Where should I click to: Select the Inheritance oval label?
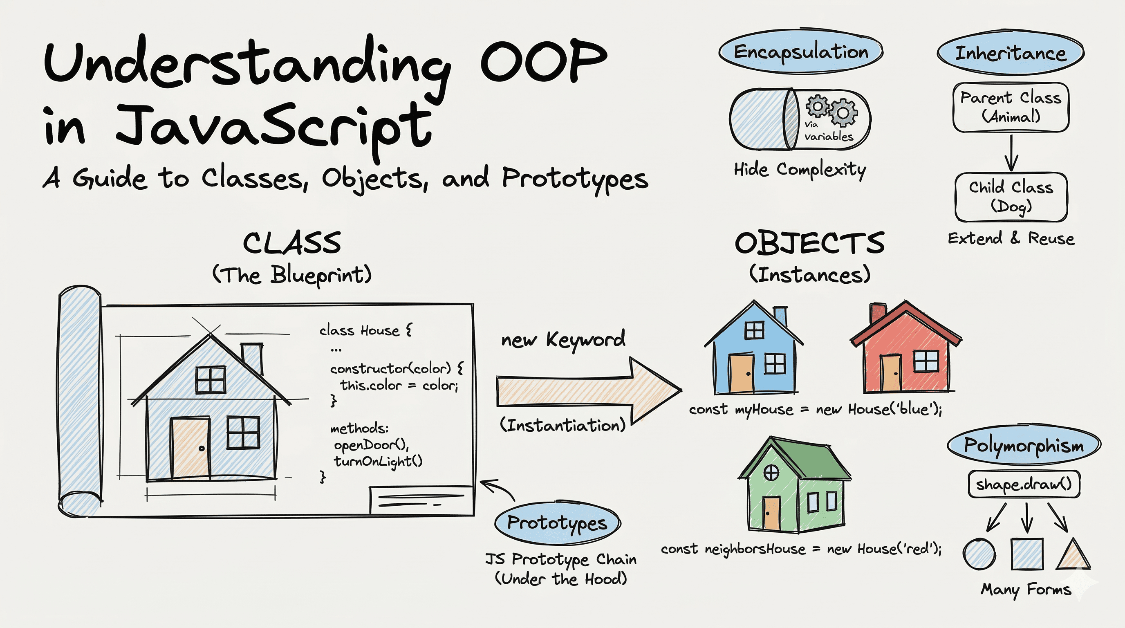click(x=1010, y=53)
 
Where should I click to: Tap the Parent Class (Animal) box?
click(x=1011, y=107)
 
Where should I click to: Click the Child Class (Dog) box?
click(x=1011, y=197)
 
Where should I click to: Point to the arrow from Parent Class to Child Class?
click(x=1011, y=153)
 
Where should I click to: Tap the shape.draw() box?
click(x=1024, y=484)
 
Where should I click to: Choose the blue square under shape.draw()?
click(x=1027, y=554)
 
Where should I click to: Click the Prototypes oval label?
click(x=557, y=523)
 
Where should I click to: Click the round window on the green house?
click(x=771, y=472)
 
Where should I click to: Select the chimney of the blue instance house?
click(x=780, y=316)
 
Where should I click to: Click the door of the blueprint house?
click(x=190, y=448)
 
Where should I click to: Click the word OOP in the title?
click(x=544, y=61)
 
